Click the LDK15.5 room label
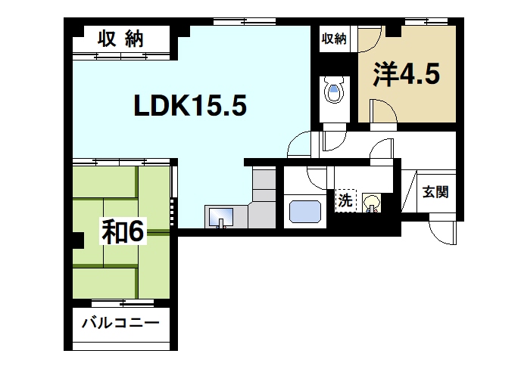click(190, 107)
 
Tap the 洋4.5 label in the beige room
click(405, 76)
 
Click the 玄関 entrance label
click(435, 192)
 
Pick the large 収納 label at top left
click(121, 39)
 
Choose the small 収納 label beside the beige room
click(333, 39)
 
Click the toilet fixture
click(333, 91)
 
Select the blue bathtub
click(307, 211)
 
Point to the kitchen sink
click(222, 217)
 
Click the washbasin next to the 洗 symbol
click(370, 203)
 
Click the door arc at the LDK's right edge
click(301, 144)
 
